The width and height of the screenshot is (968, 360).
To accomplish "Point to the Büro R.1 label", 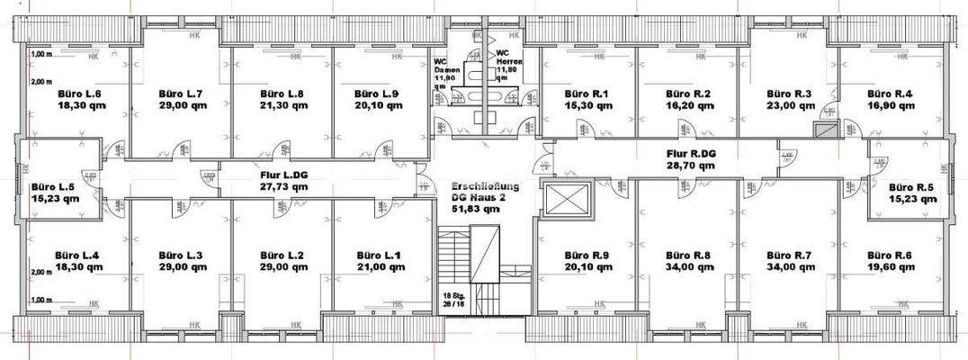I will tap(587, 94).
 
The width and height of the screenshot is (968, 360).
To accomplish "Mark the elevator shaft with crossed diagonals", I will tap(567, 198).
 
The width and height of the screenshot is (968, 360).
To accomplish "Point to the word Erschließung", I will tap(484, 184).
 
